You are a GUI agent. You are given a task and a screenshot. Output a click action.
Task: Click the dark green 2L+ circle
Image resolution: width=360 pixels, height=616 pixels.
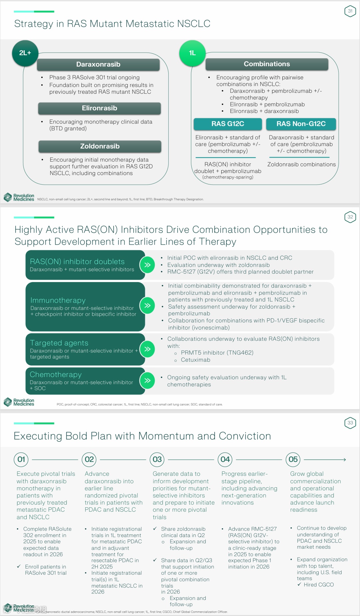(25, 53)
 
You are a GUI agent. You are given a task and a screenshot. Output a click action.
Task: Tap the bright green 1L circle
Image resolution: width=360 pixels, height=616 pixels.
(192, 53)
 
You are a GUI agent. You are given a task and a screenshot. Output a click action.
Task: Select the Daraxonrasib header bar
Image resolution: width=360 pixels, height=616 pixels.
(98, 64)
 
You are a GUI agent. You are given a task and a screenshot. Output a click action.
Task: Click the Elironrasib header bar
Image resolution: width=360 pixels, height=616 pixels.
(99, 108)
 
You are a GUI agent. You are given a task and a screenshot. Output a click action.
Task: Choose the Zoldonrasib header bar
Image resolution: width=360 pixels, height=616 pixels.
(100, 146)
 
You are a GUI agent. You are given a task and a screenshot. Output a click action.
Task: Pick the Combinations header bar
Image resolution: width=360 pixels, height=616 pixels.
(267, 64)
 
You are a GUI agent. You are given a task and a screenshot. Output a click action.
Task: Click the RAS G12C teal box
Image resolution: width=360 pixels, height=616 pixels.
(228, 124)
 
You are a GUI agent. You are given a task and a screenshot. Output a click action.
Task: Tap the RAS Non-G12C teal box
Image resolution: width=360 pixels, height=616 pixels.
(301, 124)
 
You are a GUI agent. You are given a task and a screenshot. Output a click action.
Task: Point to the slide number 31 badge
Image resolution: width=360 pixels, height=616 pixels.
(350, 11)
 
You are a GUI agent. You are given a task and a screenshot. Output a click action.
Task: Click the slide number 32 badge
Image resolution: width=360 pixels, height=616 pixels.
(350, 217)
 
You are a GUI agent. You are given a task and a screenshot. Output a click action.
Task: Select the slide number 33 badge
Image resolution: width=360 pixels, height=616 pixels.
(350, 423)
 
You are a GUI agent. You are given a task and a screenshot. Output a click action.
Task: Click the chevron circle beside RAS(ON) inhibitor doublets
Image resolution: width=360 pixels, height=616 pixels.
(147, 265)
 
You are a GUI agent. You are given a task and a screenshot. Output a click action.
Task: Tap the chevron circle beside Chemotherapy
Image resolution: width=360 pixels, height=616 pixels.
(147, 381)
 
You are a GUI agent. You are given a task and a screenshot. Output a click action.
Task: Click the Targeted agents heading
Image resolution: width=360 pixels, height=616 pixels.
(59, 343)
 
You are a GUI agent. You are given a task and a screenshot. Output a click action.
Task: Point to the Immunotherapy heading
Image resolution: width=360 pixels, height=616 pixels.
(58, 300)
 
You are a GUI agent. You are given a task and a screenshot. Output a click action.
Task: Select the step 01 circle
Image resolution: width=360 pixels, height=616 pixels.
(21, 459)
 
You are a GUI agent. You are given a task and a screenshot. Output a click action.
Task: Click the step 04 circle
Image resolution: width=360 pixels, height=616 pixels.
(225, 459)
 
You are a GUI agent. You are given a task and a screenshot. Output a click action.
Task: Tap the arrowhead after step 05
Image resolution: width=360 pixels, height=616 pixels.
(344, 460)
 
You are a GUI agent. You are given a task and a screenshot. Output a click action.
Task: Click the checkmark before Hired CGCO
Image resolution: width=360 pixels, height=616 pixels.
(299, 584)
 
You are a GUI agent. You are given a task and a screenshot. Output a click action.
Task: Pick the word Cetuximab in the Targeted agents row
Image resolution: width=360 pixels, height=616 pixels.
(195, 360)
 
